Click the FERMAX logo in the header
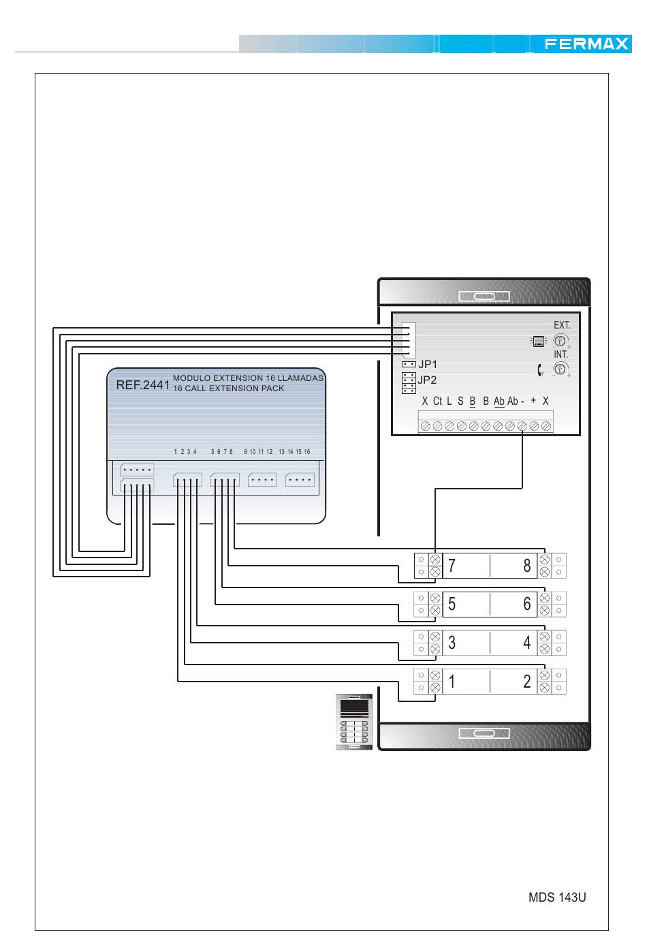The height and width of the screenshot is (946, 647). click(x=586, y=44)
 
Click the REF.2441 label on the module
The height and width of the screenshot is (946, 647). click(x=142, y=384)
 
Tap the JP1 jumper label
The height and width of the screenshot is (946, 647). click(x=428, y=364)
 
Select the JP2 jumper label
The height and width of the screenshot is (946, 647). click(x=427, y=380)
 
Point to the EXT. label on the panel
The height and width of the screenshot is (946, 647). click(x=562, y=325)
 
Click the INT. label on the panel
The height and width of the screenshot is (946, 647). click(x=561, y=354)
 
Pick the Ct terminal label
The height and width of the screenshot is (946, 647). click(x=437, y=401)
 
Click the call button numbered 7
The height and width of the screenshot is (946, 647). click(x=466, y=566)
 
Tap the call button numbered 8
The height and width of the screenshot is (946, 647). click(x=514, y=566)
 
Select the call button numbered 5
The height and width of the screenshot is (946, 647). click(x=466, y=604)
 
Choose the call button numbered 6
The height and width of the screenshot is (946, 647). click(x=514, y=604)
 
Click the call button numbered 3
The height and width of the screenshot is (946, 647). click(x=466, y=643)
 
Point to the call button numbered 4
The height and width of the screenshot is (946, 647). click(x=514, y=643)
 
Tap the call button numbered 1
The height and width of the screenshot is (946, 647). click(x=466, y=681)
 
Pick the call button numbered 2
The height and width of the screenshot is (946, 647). click(x=514, y=681)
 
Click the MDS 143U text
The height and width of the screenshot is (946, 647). click(x=557, y=897)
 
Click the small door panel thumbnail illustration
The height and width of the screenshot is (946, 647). click(x=354, y=722)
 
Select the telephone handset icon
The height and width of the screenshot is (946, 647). click(x=540, y=369)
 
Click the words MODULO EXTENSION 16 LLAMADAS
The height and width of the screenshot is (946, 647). click(x=248, y=378)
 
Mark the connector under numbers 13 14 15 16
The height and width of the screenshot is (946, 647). click(x=300, y=480)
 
